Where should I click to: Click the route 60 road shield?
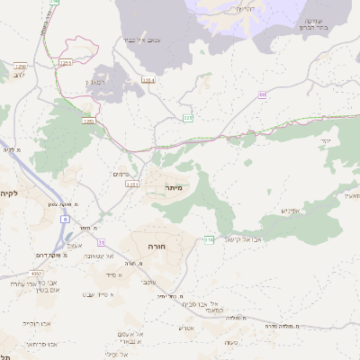(x=262, y=94)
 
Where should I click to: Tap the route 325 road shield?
(x=188, y=117)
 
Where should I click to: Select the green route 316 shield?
(x=209, y=239)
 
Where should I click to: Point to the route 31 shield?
(x=102, y=242)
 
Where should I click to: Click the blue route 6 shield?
(x=65, y=218)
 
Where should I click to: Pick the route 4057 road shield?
(x=36, y=272)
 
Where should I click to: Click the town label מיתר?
(x=174, y=187)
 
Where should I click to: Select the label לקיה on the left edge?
(x=9, y=193)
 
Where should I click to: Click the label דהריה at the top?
(x=245, y=8)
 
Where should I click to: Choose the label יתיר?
(x=325, y=141)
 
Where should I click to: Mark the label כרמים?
(x=121, y=174)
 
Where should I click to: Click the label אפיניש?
(x=289, y=211)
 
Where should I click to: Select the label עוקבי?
(x=149, y=283)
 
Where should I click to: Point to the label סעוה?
(x=231, y=341)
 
